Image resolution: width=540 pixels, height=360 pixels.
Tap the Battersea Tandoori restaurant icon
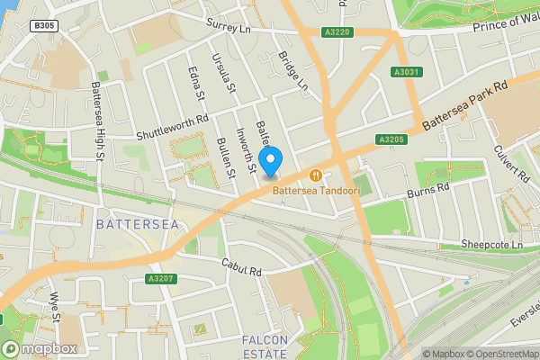click(x=316, y=175)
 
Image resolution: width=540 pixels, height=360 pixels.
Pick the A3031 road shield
click(x=407, y=72)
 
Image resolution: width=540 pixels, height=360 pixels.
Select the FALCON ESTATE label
click(x=265, y=346)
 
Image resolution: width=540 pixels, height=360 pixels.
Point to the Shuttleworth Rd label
click(x=172, y=128)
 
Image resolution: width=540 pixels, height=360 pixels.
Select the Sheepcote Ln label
click(x=490, y=244)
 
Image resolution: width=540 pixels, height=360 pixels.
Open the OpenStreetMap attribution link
click(x=500, y=354)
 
